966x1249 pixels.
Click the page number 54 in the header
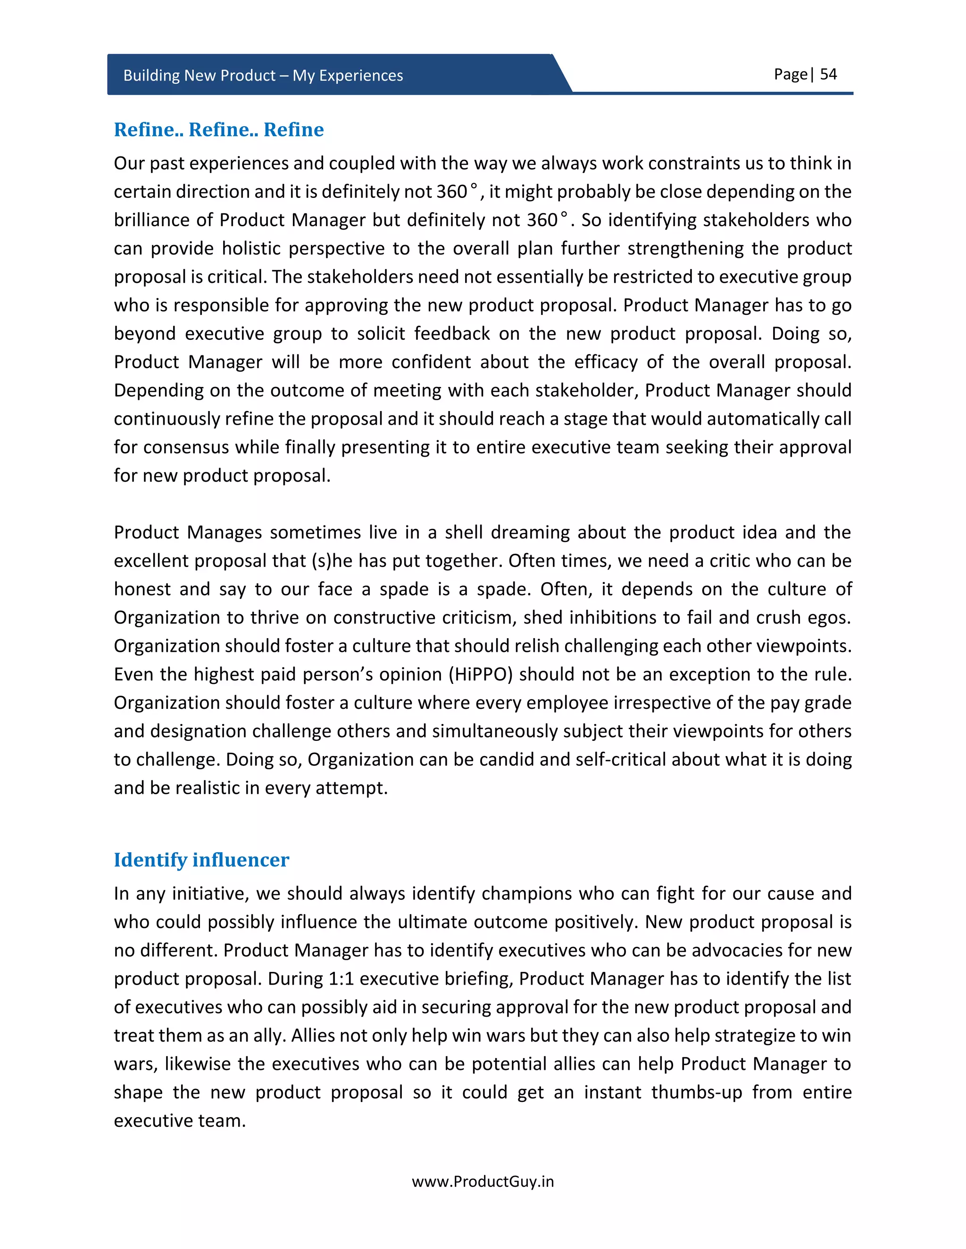coord(828,74)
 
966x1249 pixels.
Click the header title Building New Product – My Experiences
coord(263,75)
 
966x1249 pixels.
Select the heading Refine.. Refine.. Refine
coord(218,130)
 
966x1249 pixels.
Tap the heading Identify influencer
coord(201,860)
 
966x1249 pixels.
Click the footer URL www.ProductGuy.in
coord(483,1182)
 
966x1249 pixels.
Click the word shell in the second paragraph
coord(464,533)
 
